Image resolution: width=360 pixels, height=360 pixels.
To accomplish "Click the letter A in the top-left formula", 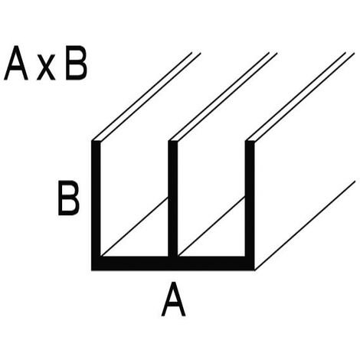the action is tap(16, 63).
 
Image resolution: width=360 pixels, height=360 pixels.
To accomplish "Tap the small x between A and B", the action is tap(46, 67).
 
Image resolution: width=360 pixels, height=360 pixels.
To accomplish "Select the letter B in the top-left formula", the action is tap(76, 63).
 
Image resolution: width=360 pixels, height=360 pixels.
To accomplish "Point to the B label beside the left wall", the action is tap(68, 198).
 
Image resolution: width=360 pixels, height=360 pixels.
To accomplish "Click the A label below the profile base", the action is tap(173, 299).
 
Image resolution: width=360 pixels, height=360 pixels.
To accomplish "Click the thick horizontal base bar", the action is tap(173, 263).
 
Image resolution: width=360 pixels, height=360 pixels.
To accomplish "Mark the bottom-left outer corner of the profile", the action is tap(92, 270).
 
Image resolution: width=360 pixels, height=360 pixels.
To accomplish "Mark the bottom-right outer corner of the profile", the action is tap(254, 270).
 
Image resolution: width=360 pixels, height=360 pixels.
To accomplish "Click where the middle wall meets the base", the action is tap(173, 257).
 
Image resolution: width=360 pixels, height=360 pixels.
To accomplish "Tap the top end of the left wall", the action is tap(96, 141).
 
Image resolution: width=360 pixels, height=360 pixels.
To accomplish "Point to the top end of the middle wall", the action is tap(173, 141).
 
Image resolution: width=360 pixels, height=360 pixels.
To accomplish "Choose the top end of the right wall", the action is tap(250, 141).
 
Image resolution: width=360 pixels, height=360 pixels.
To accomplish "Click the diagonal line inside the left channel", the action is tap(135, 227).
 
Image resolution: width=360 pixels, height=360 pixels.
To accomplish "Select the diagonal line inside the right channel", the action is tap(211, 227).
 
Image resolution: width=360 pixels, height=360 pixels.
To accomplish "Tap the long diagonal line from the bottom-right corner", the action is tap(305, 225).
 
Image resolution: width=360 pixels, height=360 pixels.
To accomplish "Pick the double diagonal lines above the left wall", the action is tap(146, 97).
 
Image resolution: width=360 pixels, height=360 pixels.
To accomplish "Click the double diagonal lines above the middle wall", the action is tap(223, 97).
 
